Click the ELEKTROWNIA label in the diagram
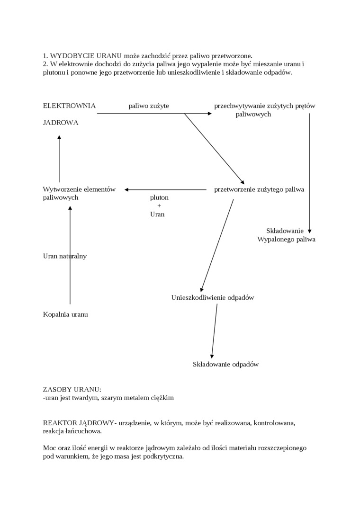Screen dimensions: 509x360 click(x=69, y=106)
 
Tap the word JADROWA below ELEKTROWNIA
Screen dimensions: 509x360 click(x=61, y=123)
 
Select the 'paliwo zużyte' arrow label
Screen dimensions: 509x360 click(x=149, y=106)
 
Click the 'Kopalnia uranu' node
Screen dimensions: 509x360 click(x=65, y=314)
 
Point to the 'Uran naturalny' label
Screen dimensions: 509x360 click(x=65, y=256)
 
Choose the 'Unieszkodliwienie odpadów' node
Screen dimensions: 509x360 click(x=213, y=298)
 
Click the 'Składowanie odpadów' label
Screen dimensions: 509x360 click(x=226, y=365)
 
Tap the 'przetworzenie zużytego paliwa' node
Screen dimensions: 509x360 click(x=259, y=189)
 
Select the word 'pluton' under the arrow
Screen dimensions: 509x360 click(x=159, y=197)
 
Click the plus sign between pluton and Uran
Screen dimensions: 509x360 click(x=159, y=206)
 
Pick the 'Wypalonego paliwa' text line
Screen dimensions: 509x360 click(x=286, y=240)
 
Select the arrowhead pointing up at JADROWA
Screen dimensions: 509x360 click(x=59, y=137)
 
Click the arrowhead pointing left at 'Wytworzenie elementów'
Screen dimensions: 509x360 click(x=126, y=190)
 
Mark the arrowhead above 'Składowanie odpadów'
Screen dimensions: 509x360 click(x=212, y=356)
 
